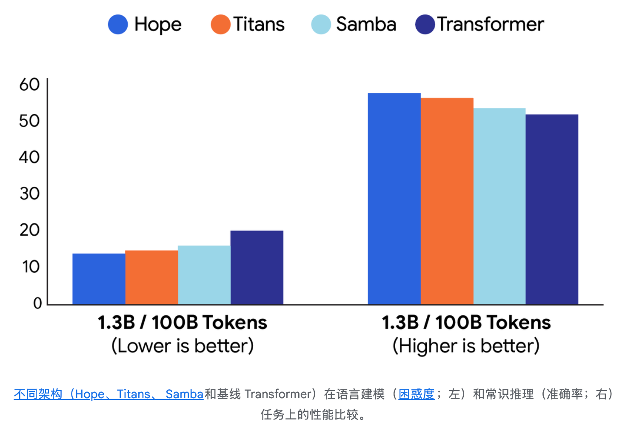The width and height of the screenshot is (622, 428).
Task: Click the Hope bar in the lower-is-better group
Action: pyautogui.click(x=99, y=279)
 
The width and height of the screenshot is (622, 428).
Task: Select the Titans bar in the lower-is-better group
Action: pyautogui.click(x=151, y=277)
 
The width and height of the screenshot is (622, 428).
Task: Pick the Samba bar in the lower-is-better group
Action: pyautogui.click(x=204, y=275)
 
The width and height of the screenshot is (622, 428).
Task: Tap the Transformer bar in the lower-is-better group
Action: pyautogui.click(x=257, y=267)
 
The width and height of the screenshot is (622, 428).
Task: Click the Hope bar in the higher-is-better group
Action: pyautogui.click(x=394, y=199)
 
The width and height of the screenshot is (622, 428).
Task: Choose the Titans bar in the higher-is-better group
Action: pyautogui.click(x=447, y=201)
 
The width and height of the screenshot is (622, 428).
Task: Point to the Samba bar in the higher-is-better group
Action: pyautogui.click(x=499, y=206)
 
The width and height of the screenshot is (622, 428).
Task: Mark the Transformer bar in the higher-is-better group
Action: pyautogui.click(x=552, y=209)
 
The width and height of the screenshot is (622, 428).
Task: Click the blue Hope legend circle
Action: pyautogui.click(x=118, y=24)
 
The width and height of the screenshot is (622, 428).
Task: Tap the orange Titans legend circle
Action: pyautogui.click(x=220, y=24)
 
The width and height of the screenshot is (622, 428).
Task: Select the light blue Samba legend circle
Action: pyautogui.click(x=321, y=24)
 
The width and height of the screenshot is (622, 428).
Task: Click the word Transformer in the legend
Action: pyautogui.click(x=491, y=24)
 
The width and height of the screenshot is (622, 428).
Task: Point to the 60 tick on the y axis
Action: pyautogui.click(x=29, y=85)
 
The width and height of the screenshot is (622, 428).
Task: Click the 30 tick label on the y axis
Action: pyautogui.click(x=29, y=194)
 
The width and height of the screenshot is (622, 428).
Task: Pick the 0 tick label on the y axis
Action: pyautogui.click(x=37, y=303)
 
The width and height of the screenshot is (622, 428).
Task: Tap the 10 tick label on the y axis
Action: pyautogui.click(x=30, y=267)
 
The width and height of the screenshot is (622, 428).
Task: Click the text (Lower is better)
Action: pyautogui.click(x=183, y=345)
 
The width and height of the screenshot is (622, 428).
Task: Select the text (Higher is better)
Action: pyautogui.click(x=466, y=345)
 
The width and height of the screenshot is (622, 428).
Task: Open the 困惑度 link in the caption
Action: pyautogui.click(x=417, y=394)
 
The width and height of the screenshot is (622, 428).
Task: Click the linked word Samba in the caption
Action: pyautogui.click(x=184, y=394)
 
